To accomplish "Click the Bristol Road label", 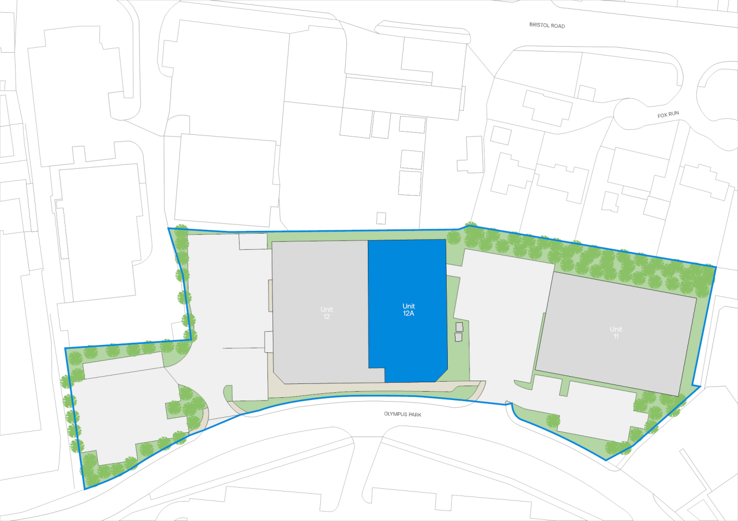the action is (547, 26).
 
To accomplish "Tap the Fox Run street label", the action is (668, 114).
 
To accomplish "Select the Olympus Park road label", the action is (402, 414).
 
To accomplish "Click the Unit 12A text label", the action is (408, 310).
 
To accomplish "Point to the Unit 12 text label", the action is (326, 313).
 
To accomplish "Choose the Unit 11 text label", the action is (616, 332).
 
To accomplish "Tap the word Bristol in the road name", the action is (539, 26).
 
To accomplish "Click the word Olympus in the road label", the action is (395, 414).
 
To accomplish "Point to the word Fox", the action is (663, 115).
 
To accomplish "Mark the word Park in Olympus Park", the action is (414, 414).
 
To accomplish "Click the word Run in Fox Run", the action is (674, 114).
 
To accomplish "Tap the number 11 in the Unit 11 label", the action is (616, 336).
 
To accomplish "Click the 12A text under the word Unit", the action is (408, 313).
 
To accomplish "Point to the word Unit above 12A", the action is (408, 306).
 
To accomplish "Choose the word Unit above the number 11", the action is (616, 329).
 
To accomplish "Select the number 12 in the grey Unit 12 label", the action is (326, 316).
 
